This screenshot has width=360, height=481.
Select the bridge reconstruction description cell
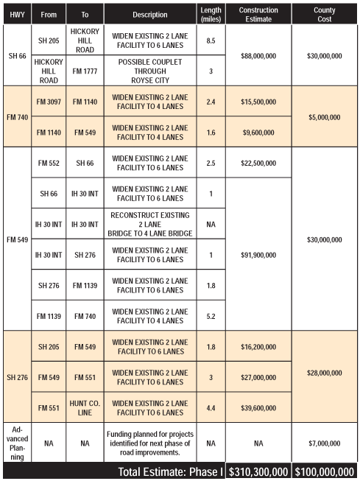[151, 225]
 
